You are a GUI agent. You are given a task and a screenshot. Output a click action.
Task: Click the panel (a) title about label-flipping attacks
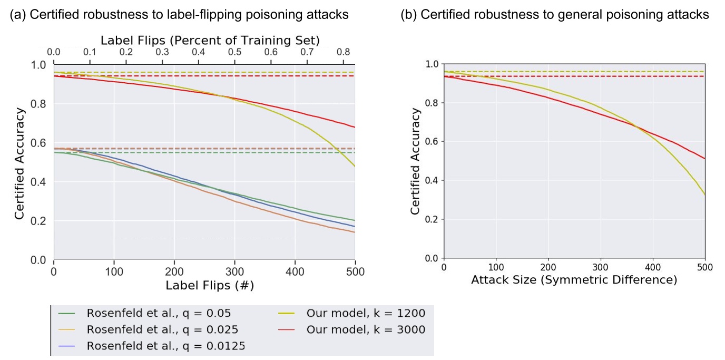coord(180,15)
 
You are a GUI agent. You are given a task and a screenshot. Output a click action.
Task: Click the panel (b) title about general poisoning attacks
coord(554,15)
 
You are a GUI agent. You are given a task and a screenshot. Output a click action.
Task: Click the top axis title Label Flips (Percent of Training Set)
coord(210,40)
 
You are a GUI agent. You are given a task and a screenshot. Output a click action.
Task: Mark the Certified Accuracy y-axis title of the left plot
coord(19,163)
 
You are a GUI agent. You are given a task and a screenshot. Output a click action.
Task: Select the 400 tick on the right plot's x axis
coord(652,268)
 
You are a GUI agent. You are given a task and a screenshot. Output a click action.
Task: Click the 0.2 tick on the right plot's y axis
coord(432,219)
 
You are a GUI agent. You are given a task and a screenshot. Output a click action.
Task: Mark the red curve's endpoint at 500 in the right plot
coord(704,159)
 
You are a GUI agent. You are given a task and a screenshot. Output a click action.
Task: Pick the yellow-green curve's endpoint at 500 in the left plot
coord(355,167)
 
